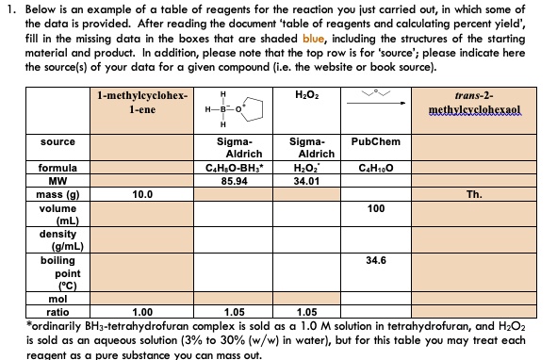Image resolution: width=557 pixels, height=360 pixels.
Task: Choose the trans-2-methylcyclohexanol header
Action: (x=494, y=104)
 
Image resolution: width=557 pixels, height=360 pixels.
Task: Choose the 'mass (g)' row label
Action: (x=57, y=194)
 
